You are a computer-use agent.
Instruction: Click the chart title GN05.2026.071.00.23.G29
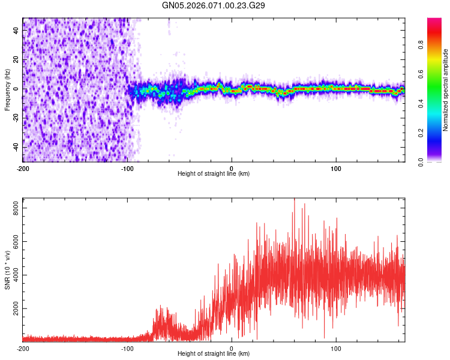click(x=214, y=5)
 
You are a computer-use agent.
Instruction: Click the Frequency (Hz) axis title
click(x=7, y=90)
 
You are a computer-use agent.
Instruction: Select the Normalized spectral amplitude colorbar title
click(x=446, y=90)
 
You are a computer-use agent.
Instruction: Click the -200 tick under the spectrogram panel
click(x=23, y=169)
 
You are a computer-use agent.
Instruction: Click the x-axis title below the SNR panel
click(x=214, y=354)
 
